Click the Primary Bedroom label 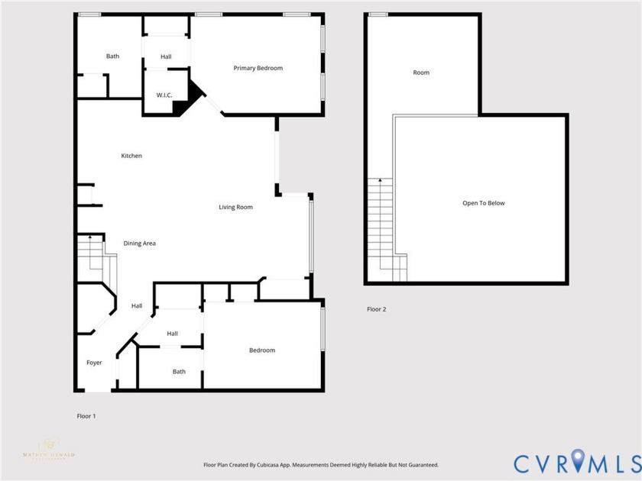tap(258, 69)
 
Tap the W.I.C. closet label tap(164, 95)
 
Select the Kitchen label tap(131, 157)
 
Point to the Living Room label tap(235, 208)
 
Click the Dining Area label tap(140, 244)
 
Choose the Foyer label tap(93, 363)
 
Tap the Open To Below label tap(483, 203)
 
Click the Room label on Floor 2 tap(421, 73)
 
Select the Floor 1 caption tap(86, 416)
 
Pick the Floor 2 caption tap(376, 309)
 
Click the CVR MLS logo tap(577, 463)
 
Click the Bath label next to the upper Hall tap(112, 56)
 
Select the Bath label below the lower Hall tap(179, 372)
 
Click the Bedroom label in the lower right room tap(262, 350)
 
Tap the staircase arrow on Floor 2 tap(380, 181)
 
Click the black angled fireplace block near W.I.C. tap(190, 99)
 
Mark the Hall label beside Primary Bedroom tap(166, 57)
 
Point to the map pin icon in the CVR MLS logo tap(578, 460)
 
